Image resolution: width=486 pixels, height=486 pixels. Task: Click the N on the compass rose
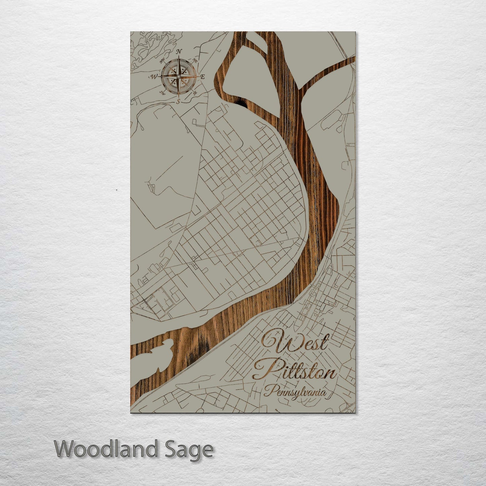coord(179,51)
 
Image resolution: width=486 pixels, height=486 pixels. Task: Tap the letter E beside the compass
coord(203,77)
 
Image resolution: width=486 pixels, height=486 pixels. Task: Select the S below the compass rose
coord(179,101)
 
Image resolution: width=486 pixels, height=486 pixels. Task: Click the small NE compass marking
coord(194,61)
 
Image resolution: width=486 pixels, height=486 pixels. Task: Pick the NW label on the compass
coord(163,61)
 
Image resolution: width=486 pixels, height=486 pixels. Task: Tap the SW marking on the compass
coord(163,92)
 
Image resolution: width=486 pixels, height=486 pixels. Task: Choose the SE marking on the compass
coord(195,92)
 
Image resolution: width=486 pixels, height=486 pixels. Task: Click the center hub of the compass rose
coord(179,77)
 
